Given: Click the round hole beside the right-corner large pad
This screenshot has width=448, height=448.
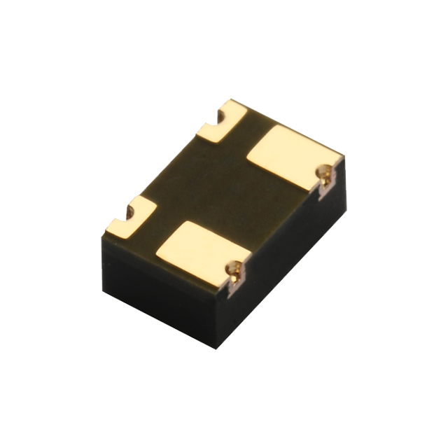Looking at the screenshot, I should click(x=324, y=171).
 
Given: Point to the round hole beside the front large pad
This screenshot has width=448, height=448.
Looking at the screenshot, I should click(x=237, y=267).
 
